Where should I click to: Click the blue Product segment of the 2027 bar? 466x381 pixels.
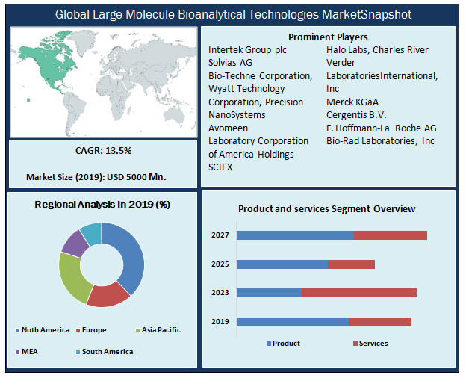(x=295, y=235)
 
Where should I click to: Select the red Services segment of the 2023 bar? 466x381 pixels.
(x=358, y=292)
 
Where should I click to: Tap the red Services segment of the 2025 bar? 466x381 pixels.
(x=351, y=264)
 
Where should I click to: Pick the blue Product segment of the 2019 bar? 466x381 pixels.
(x=293, y=321)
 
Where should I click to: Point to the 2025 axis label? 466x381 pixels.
(x=221, y=264)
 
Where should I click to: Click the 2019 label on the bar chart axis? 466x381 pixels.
(x=221, y=322)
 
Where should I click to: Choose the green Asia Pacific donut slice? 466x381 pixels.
(x=72, y=279)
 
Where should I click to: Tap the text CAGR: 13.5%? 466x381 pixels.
(x=103, y=151)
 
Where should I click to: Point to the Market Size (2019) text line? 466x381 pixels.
(x=96, y=177)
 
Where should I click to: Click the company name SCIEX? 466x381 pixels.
(x=221, y=167)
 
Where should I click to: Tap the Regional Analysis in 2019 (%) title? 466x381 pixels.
(x=102, y=205)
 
